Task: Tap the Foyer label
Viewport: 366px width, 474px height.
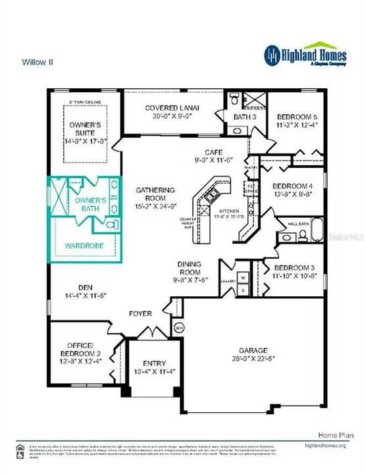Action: pos(140,313)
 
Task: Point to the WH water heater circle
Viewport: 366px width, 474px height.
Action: pos(178,327)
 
